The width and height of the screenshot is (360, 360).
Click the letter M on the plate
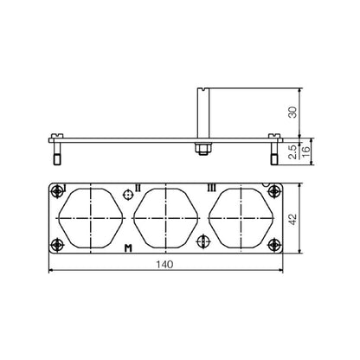point(128,249)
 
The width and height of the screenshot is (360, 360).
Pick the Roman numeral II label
point(136,186)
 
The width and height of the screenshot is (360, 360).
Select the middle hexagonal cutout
point(165,219)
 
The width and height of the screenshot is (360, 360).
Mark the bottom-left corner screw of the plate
point(58,244)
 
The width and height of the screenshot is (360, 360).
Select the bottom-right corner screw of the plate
point(273,244)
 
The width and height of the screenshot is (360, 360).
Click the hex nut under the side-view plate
point(199,149)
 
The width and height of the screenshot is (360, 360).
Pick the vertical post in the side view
point(202,112)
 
